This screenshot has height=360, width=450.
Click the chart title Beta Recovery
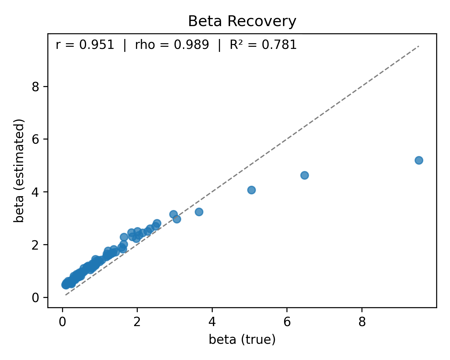242,22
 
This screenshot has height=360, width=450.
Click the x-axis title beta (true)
242,340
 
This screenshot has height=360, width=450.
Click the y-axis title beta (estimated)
19,171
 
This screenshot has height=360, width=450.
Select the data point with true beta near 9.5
419,160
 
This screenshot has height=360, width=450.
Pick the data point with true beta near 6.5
304,175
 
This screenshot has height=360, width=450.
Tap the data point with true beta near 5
251,190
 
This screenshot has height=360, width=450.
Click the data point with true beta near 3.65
199,212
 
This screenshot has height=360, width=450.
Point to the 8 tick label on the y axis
36,87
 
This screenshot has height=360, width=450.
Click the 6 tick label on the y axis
36,139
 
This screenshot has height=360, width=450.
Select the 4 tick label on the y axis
36,192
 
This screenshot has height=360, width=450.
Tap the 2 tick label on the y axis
36,245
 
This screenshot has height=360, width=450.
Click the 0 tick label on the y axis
36,298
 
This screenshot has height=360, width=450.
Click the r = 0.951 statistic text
85,45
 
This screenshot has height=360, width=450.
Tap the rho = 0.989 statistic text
172,45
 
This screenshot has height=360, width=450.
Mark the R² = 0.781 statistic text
263,45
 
